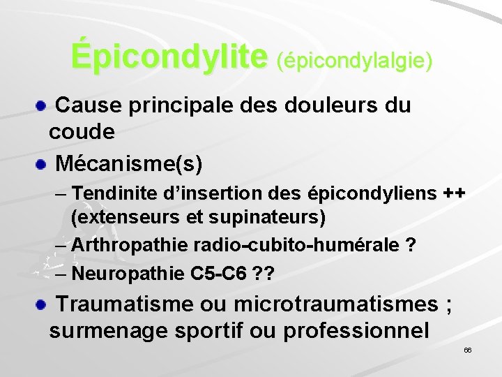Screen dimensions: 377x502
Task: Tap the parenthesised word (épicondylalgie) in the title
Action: [355, 61]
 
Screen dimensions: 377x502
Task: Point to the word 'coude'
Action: [82, 131]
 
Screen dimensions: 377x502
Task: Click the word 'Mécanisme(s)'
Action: [129, 164]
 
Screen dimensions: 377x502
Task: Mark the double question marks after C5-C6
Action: [264, 273]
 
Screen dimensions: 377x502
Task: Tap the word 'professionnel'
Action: [356, 330]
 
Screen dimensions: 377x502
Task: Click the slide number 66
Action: [468, 349]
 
